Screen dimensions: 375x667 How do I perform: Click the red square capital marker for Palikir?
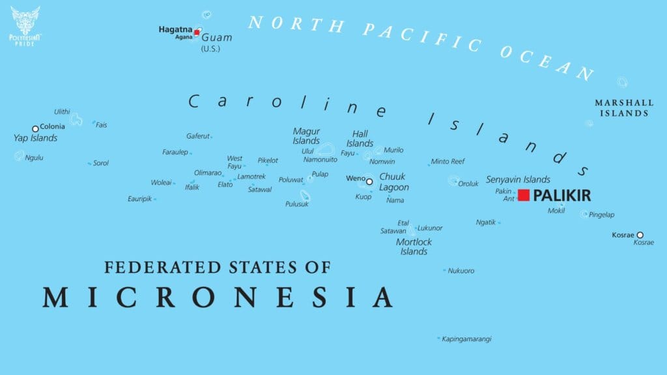point(524,195)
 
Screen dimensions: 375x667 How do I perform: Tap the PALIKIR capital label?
point(562,195)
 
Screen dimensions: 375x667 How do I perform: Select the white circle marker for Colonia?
point(35,129)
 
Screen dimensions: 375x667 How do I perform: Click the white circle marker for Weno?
point(369,182)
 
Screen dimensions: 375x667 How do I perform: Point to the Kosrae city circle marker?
point(640,235)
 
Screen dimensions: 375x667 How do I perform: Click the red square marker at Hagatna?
point(197,31)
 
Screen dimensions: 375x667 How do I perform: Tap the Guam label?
point(217,38)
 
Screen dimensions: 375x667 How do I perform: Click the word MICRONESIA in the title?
point(218,297)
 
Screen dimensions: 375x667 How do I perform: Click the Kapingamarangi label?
point(466,339)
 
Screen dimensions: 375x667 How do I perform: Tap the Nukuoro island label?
point(461,271)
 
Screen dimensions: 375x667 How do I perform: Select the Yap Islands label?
point(36,138)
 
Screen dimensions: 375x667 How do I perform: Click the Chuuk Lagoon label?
point(394,182)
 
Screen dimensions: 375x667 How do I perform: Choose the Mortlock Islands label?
point(414,247)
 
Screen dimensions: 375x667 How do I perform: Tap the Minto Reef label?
point(448,161)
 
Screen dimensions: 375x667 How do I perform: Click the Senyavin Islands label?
point(518,180)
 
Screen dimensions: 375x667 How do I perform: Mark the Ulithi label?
point(62,112)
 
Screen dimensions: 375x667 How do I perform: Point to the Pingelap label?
point(601,215)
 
